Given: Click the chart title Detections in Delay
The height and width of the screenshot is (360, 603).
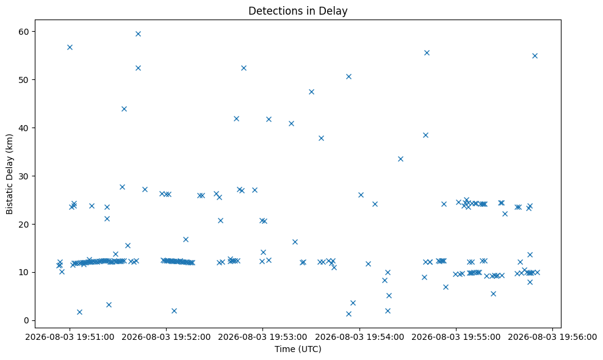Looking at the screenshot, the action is click(298, 11).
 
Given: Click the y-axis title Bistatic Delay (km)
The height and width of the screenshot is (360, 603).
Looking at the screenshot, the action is click(9, 174).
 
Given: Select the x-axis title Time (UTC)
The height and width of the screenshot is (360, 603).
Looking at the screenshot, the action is click(298, 349).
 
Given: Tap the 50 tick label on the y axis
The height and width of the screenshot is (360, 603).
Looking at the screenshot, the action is click(24, 79).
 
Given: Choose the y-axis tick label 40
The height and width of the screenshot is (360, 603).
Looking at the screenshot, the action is click(24, 128).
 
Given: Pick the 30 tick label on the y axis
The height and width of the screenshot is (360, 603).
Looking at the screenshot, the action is click(24, 176).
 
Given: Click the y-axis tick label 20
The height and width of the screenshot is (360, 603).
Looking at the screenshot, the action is click(24, 224).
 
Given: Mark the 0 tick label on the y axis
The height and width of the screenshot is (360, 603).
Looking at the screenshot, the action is click(26, 320).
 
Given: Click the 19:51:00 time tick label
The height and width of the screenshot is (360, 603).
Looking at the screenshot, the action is click(70, 337).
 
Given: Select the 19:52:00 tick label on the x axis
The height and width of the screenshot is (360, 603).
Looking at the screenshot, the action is click(166, 337).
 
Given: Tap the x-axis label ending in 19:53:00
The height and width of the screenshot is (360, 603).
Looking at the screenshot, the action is click(262, 337).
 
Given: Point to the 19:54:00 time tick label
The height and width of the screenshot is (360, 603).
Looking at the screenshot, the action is click(359, 337).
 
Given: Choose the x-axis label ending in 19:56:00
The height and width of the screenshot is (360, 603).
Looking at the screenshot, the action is click(552, 337).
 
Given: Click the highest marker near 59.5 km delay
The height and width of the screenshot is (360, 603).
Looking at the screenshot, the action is click(138, 34).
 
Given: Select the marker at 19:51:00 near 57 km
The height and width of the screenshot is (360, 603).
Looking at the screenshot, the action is click(70, 48).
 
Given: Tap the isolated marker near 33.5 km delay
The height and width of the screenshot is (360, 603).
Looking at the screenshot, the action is click(400, 159).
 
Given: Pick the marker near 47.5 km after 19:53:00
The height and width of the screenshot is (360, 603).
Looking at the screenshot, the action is click(311, 92).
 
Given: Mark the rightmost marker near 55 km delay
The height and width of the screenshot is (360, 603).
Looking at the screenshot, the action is click(535, 56).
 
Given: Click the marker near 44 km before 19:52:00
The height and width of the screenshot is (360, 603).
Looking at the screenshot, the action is click(124, 109).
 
